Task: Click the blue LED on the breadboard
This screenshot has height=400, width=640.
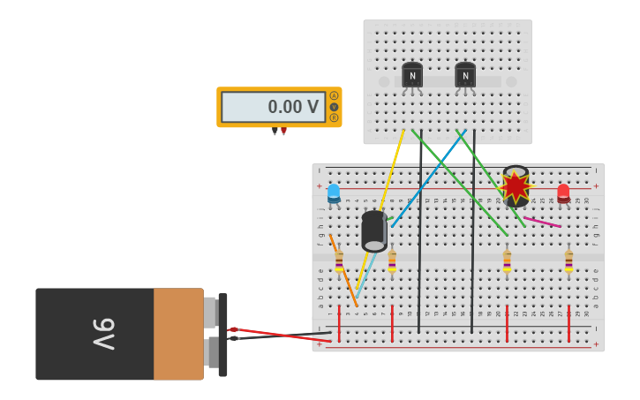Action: pyautogui.click(x=334, y=192)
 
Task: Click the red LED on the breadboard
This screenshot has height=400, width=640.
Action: pyautogui.click(x=563, y=192)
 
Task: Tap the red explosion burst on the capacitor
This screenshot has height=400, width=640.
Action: pyautogui.click(x=515, y=186)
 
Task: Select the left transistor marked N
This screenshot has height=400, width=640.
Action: pyautogui.click(x=412, y=75)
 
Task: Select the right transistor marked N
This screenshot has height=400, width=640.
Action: pyautogui.click(x=465, y=75)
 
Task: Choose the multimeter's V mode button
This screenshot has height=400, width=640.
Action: pyautogui.click(x=334, y=107)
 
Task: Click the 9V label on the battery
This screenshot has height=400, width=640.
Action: pyautogui.click(x=104, y=334)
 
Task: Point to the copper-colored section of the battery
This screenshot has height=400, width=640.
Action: pyautogui.click(x=178, y=334)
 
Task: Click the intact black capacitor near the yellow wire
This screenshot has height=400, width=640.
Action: pyautogui.click(x=374, y=231)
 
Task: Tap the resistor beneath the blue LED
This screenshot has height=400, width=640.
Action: pyautogui.click(x=339, y=260)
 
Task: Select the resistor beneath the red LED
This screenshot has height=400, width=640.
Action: pyautogui.click(x=568, y=260)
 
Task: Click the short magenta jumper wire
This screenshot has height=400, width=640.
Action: pyautogui.click(x=542, y=222)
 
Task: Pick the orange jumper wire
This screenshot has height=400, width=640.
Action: pyautogui.click(x=343, y=270)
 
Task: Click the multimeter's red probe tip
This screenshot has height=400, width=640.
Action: pyautogui.click(x=283, y=132)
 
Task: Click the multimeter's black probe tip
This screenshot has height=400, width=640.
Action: pyautogui.click(x=275, y=132)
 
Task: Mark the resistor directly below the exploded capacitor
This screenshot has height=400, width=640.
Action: pyautogui.click(x=507, y=260)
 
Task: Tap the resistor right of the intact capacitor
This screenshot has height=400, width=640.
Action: pyautogui.click(x=392, y=260)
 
